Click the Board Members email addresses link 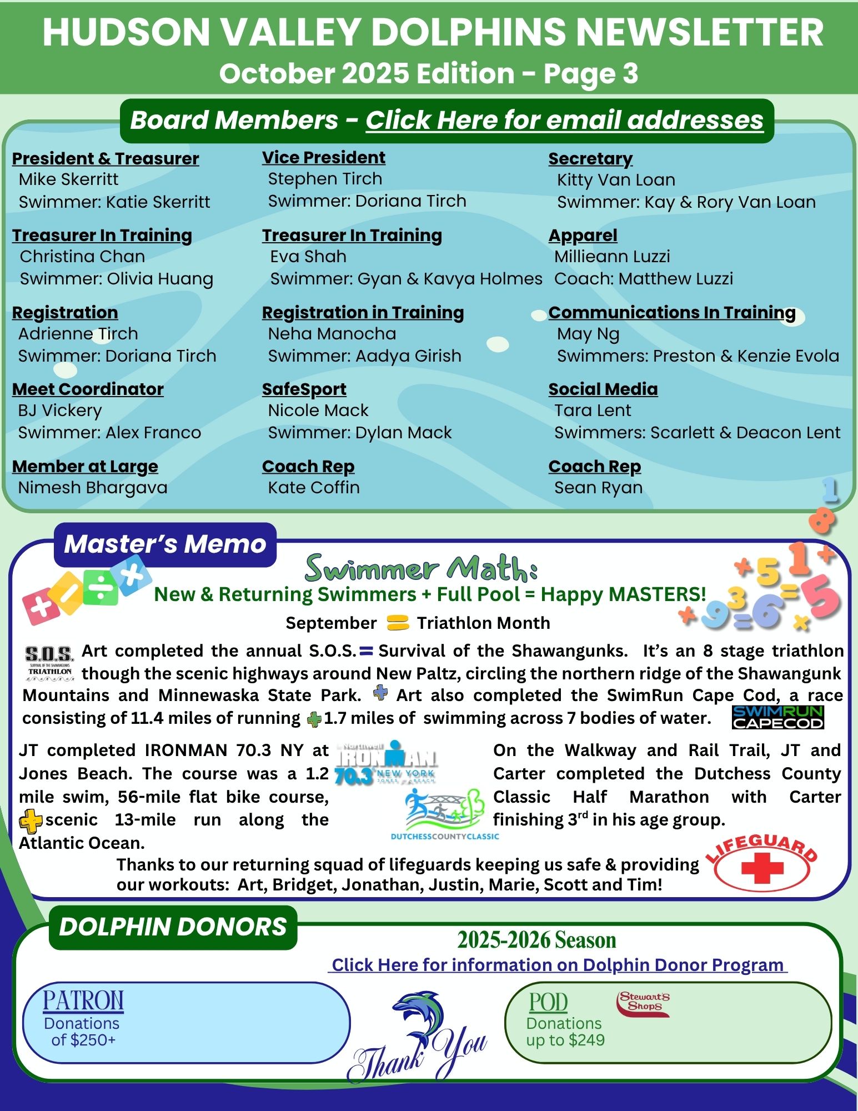click(564, 120)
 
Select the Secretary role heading click(590, 159)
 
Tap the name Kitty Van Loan click(616, 180)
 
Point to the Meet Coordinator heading click(88, 389)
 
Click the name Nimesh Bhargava click(93, 488)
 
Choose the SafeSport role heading click(304, 389)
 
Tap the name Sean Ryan click(598, 488)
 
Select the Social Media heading click(603, 389)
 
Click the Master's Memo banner click(165, 544)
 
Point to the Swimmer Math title click(421, 568)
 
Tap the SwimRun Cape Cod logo click(777, 717)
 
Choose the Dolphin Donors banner click(173, 927)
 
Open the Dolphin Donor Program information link click(558, 965)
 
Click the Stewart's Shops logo click(643, 1004)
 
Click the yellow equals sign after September click(398, 623)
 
